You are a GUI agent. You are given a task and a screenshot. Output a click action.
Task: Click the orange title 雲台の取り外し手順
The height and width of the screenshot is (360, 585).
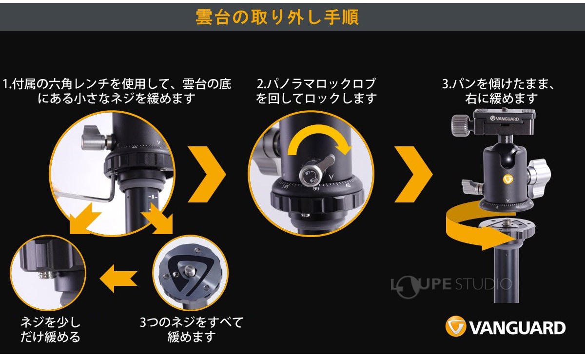point(277,17)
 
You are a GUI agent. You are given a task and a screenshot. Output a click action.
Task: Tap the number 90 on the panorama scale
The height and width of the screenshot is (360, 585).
point(316,189)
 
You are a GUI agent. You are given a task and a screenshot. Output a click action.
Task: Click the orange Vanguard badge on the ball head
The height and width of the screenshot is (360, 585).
point(508,180)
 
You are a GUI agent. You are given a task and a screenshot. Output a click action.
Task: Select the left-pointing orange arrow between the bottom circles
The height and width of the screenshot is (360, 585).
point(119,278)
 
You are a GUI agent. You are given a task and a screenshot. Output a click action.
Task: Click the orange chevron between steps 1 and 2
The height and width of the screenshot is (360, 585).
point(207,174)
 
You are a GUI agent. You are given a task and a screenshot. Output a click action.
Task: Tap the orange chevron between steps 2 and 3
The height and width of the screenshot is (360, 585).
point(413,174)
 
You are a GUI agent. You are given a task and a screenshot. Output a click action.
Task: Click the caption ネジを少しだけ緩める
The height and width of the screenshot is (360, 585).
point(50,329)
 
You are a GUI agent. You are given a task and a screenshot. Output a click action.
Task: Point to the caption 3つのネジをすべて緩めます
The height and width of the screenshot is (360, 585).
point(192,329)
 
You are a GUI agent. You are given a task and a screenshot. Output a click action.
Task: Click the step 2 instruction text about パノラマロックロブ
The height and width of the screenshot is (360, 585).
point(316,91)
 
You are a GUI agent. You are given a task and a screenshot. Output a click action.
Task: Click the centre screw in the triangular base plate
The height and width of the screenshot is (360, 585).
point(188,270)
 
